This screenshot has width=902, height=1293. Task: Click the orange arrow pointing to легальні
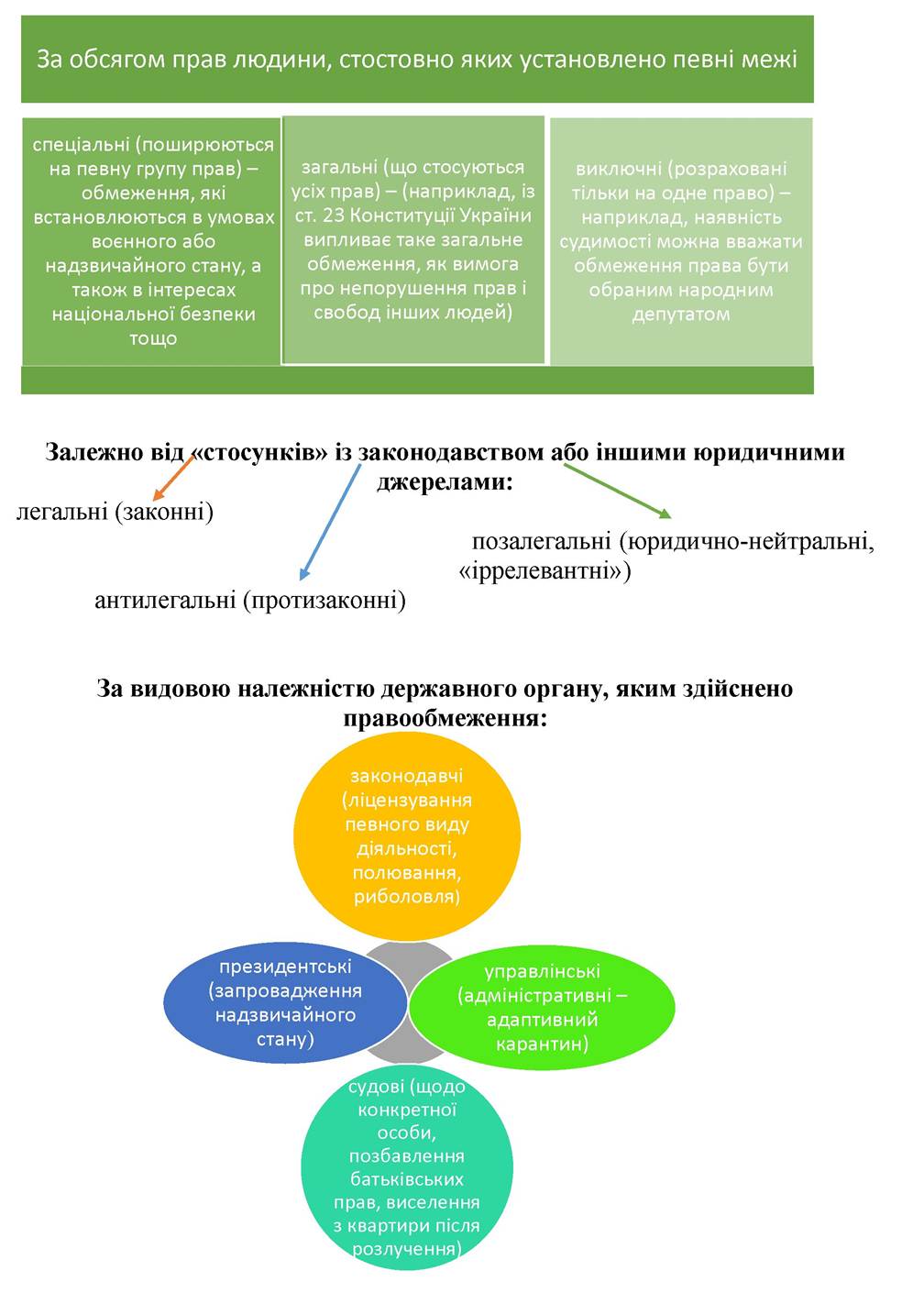point(173,478)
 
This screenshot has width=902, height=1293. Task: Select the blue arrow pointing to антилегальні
point(330,522)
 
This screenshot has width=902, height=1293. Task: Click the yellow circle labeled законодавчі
point(407,836)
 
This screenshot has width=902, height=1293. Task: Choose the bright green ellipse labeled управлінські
point(542,1008)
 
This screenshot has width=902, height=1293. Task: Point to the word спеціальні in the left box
point(81,145)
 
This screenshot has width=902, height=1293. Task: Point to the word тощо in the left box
point(153,338)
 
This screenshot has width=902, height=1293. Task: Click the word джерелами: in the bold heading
point(445,481)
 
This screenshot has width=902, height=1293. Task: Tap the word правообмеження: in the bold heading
point(445,719)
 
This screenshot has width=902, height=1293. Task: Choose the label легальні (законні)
point(115,512)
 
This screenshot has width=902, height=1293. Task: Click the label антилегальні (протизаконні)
point(250,601)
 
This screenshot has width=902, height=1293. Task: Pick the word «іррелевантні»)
point(544,571)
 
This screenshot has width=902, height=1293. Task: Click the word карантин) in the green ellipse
point(542,1044)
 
